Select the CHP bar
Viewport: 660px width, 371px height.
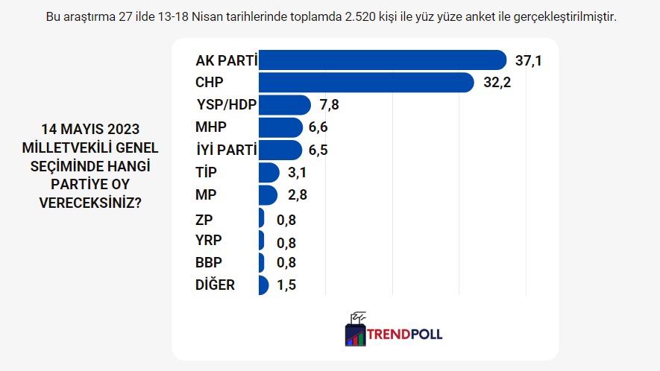click(x=365, y=83)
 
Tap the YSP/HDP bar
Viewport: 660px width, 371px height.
click(x=283, y=105)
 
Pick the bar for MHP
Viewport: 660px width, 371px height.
click(x=280, y=127)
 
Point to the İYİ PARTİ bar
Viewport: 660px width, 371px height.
click(x=280, y=150)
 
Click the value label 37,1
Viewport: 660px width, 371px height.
click(x=527, y=60)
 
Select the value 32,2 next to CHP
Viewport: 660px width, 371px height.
click(x=497, y=83)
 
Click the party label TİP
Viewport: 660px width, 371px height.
click(x=207, y=173)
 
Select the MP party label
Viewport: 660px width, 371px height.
click(x=206, y=195)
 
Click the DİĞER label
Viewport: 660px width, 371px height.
click(x=215, y=285)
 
